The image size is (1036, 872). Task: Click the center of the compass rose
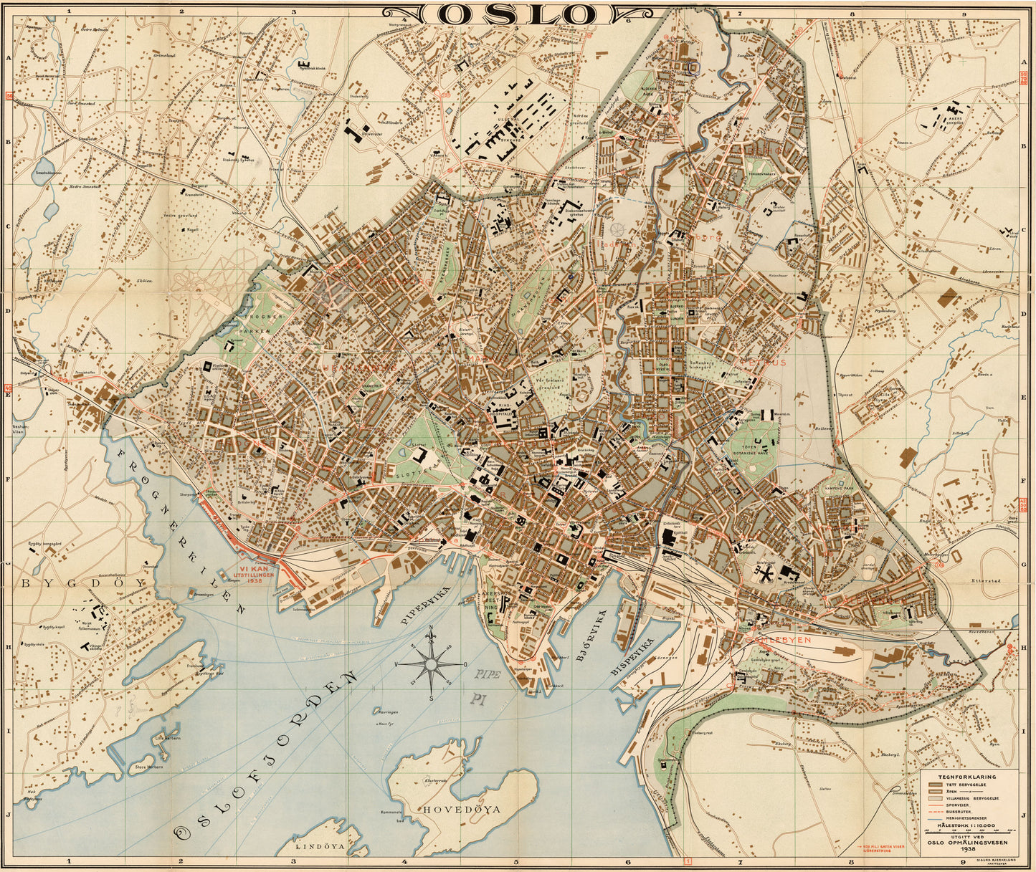click(x=430, y=665)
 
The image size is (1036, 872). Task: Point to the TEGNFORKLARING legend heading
click(x=967, y=776)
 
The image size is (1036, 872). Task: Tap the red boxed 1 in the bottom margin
click(x=688, y=862)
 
